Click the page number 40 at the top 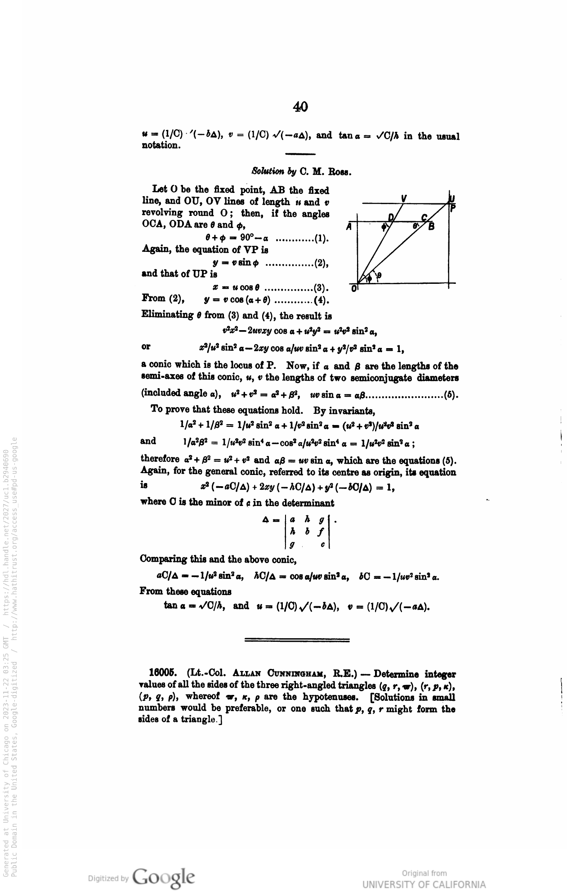[x=300, y=107]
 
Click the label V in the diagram [x=404, y=197]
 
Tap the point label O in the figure [x=354, y=288]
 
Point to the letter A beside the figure [x=348, y=227]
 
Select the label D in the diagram [x=391, y=217]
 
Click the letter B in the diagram [x=431, y=227]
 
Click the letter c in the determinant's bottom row [x=322, y=545]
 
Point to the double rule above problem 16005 [x=297, y=640]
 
